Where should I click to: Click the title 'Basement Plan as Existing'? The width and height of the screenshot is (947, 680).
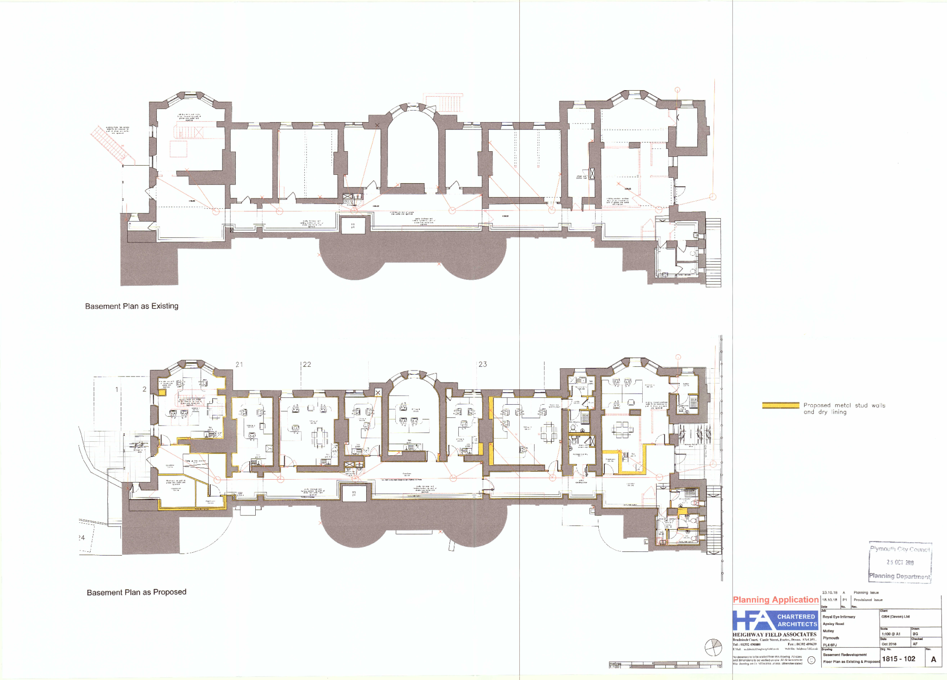coord(131,306)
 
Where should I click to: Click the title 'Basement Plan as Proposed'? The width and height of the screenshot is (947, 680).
coord(136,592)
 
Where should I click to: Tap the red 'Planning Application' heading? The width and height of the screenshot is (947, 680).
coord(775,600)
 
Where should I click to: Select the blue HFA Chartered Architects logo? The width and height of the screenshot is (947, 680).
coord(775,620)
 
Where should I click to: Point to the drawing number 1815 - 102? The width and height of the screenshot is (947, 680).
coord(898,659)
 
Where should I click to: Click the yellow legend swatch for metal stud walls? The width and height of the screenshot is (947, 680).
coord(781,405)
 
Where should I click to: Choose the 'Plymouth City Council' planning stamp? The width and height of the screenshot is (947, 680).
coord(900,562)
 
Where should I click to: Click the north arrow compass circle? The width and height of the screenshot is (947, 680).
coord(713,647)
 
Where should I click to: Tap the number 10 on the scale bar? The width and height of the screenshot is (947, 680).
coord(719,667)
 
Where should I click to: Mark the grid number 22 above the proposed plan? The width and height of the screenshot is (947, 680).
coord(307,365)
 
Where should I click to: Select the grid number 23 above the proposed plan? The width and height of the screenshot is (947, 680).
coord(483,365)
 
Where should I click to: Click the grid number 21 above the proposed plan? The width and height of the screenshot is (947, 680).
coord(239,365)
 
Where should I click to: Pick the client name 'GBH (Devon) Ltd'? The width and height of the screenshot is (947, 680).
coord(895,617)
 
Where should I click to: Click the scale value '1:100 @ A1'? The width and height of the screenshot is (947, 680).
coord(891,634)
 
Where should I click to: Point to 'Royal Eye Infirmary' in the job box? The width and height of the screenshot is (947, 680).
coord(839,617)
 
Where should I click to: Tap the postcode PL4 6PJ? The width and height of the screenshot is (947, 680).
coord(830,645)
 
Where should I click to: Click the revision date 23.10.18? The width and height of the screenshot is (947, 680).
coord(830,593)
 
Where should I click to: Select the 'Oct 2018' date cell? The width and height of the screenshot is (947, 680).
coord(888,644)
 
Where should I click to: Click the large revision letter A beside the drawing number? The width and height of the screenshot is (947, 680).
coord(933,660)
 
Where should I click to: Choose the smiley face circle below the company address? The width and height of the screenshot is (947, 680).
coord(811,660)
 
